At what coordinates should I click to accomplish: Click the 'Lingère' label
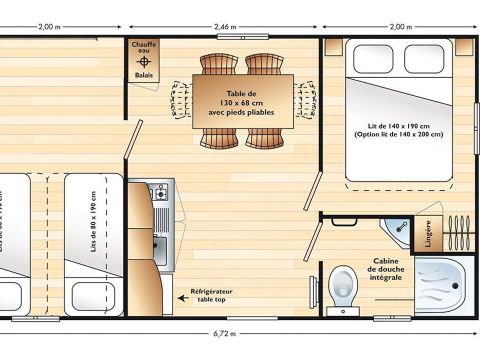click(429, 233)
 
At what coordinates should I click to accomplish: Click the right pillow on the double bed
click(425, 59)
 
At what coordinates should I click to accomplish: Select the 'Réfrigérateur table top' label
click(211, 296)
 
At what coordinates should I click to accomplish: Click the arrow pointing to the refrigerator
click(177, 294)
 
